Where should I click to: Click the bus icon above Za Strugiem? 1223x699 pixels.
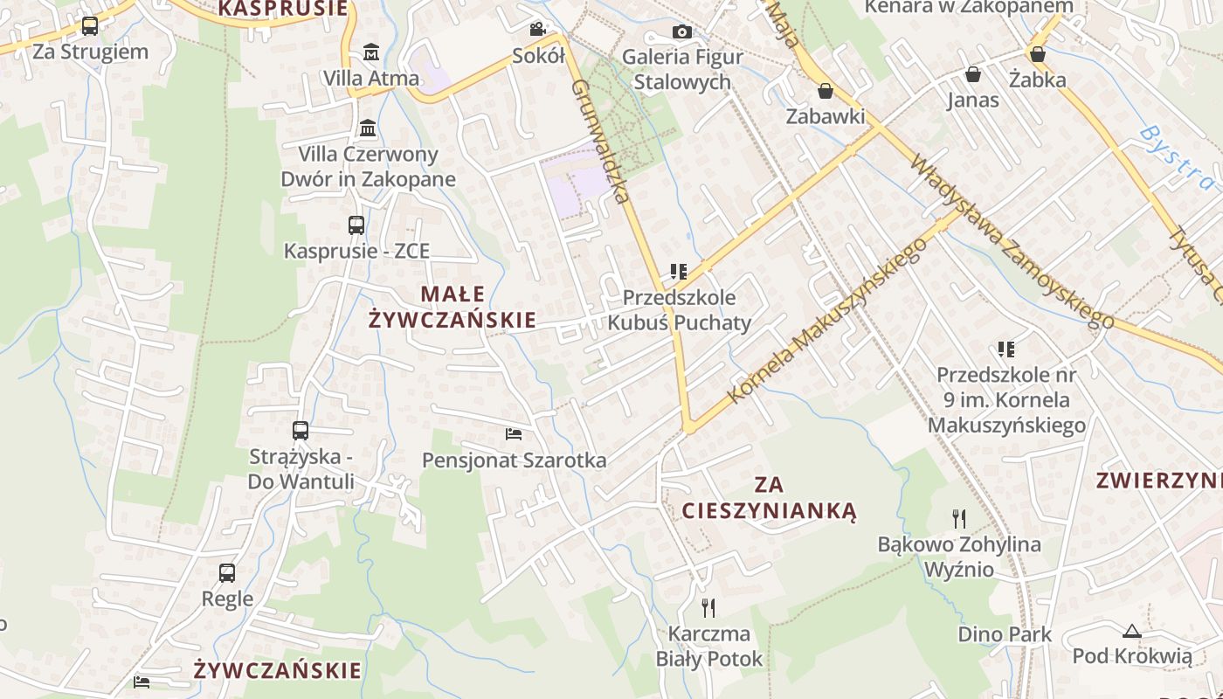pyautogui.click(x=89, y=26)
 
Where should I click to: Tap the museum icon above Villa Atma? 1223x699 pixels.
pyautogui.click(x=371, y=52)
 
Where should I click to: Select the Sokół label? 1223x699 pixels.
pyautogui.click(x=538, y=56)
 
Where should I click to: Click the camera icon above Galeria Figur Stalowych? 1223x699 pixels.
pyautogui.click(x=682, y=31)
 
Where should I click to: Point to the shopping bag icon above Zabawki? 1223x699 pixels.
pyautogui.click(x=825, y=90)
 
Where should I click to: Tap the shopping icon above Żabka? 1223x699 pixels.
pyautogui.click(x=1037, y=54)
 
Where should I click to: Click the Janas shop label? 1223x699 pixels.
pyautogui.click(x=972, y=100)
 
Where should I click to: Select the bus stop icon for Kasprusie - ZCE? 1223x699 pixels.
pyautogui.click(x=356, y=225)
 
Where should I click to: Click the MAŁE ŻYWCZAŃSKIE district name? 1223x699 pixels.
pyautogui.click(x=452, y=307)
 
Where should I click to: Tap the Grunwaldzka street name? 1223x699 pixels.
pyautogui.click(x=600, y=141)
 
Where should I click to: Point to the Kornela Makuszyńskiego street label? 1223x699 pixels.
pyautogui.click(x=826, y=321)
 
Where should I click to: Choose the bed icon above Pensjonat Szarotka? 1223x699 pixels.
pyautogui.click(x=514, y=433)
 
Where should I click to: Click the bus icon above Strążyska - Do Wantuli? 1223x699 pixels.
pyautogui.click(x=301, y=430)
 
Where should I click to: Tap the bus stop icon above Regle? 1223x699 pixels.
pyautogui.click(x=227, y=572)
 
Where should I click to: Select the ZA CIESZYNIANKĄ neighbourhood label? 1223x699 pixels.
pyautogui.click(x=769, y=497)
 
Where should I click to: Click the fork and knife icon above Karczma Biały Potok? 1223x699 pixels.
pyautogui.click(x=708, y=607)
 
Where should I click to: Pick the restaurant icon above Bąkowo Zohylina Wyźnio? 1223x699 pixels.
pyautogui.click(x=958, y=518)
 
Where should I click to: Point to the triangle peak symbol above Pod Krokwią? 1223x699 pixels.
pyautogui.click(x=1131, y=630)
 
